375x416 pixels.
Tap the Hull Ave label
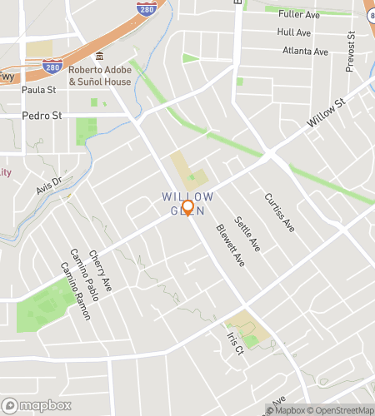point(294,32)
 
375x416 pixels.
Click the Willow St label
point(325,114)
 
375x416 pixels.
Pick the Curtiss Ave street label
point(279,212)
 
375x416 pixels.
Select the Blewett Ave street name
point(230,245)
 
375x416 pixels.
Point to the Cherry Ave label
point(100,271)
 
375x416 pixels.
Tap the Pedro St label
point(42,116)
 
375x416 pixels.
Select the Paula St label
point(38,89)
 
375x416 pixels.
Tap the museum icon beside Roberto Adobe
point(100,57)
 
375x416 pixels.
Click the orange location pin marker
point(187,207)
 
